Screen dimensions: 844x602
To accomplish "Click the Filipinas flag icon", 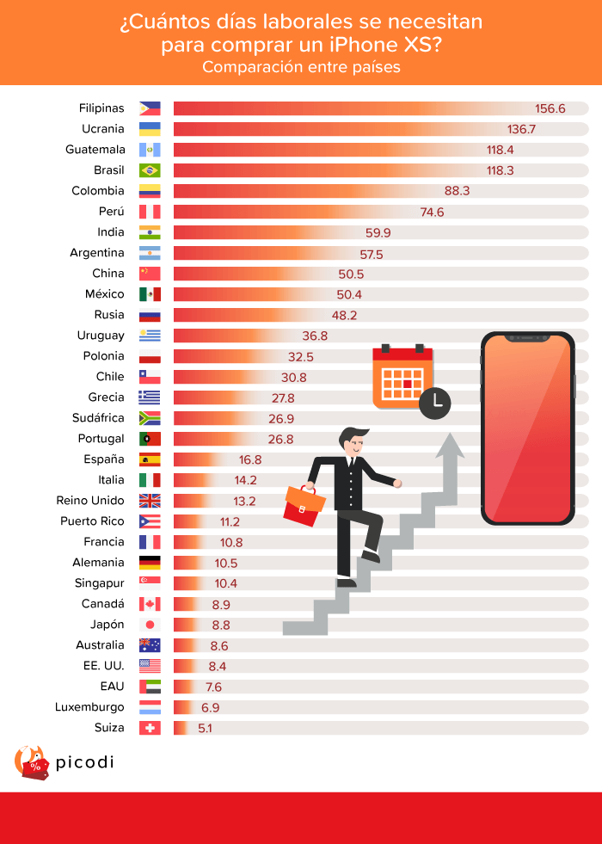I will coord(150,108).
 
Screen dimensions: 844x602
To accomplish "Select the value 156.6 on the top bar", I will coord(550,108).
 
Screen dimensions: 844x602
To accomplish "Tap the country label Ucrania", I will coord(102,129).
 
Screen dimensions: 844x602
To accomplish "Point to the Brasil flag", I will coord(150,170).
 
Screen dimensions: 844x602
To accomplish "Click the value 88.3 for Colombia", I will coord(455,191).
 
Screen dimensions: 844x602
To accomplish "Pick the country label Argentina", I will coord(97,253).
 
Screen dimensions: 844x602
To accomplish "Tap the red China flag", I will coord(150,274).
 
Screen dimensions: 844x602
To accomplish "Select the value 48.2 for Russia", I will coord(344,315).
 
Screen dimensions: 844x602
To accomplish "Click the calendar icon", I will coord(402,376).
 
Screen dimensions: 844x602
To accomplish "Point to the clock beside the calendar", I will coord(435,402).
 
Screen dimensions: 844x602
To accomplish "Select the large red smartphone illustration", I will coord(527,428).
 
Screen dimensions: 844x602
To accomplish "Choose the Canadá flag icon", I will coord(150,604).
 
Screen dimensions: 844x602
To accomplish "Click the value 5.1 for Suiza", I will coord(204,728).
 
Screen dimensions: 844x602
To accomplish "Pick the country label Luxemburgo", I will coord(90,707).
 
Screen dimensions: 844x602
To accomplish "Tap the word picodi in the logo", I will coord(84,762).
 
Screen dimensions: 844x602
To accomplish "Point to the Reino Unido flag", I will coord(150,501).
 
